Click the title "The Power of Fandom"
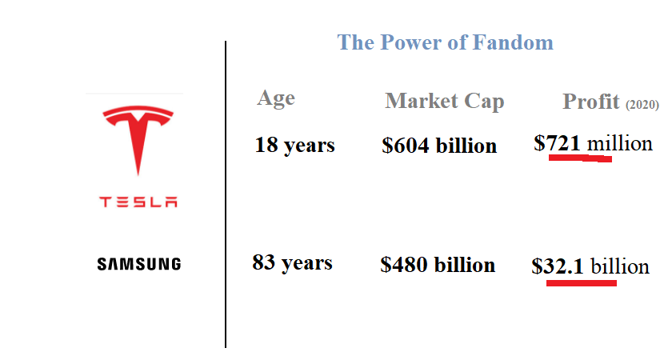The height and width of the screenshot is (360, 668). [445, 42]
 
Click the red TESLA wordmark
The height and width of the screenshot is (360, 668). [138, 202]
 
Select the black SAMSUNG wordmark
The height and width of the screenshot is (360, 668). [139, 264]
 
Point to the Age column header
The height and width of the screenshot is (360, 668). [276, 99]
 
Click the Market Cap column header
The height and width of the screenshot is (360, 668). [445, 102]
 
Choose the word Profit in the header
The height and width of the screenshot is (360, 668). [591, 102]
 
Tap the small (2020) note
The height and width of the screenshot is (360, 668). [642, 104]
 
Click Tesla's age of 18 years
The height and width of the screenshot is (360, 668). [295, 146]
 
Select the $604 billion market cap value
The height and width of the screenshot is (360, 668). [439, 146]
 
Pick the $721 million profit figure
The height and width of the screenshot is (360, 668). [593, 143]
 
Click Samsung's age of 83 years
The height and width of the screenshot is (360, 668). [292, 263]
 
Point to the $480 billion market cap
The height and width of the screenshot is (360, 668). [438, 265]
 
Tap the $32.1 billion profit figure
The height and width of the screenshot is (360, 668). [590, 267]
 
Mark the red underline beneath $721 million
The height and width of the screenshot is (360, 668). [580, 158]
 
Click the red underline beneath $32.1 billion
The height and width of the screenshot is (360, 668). [582, 283]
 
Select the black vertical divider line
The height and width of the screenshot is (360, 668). [226, 194]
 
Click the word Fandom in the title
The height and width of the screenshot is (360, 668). [513, 42]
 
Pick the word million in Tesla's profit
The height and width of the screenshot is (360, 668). [620, 143]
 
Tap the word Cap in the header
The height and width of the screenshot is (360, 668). [484, 102]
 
